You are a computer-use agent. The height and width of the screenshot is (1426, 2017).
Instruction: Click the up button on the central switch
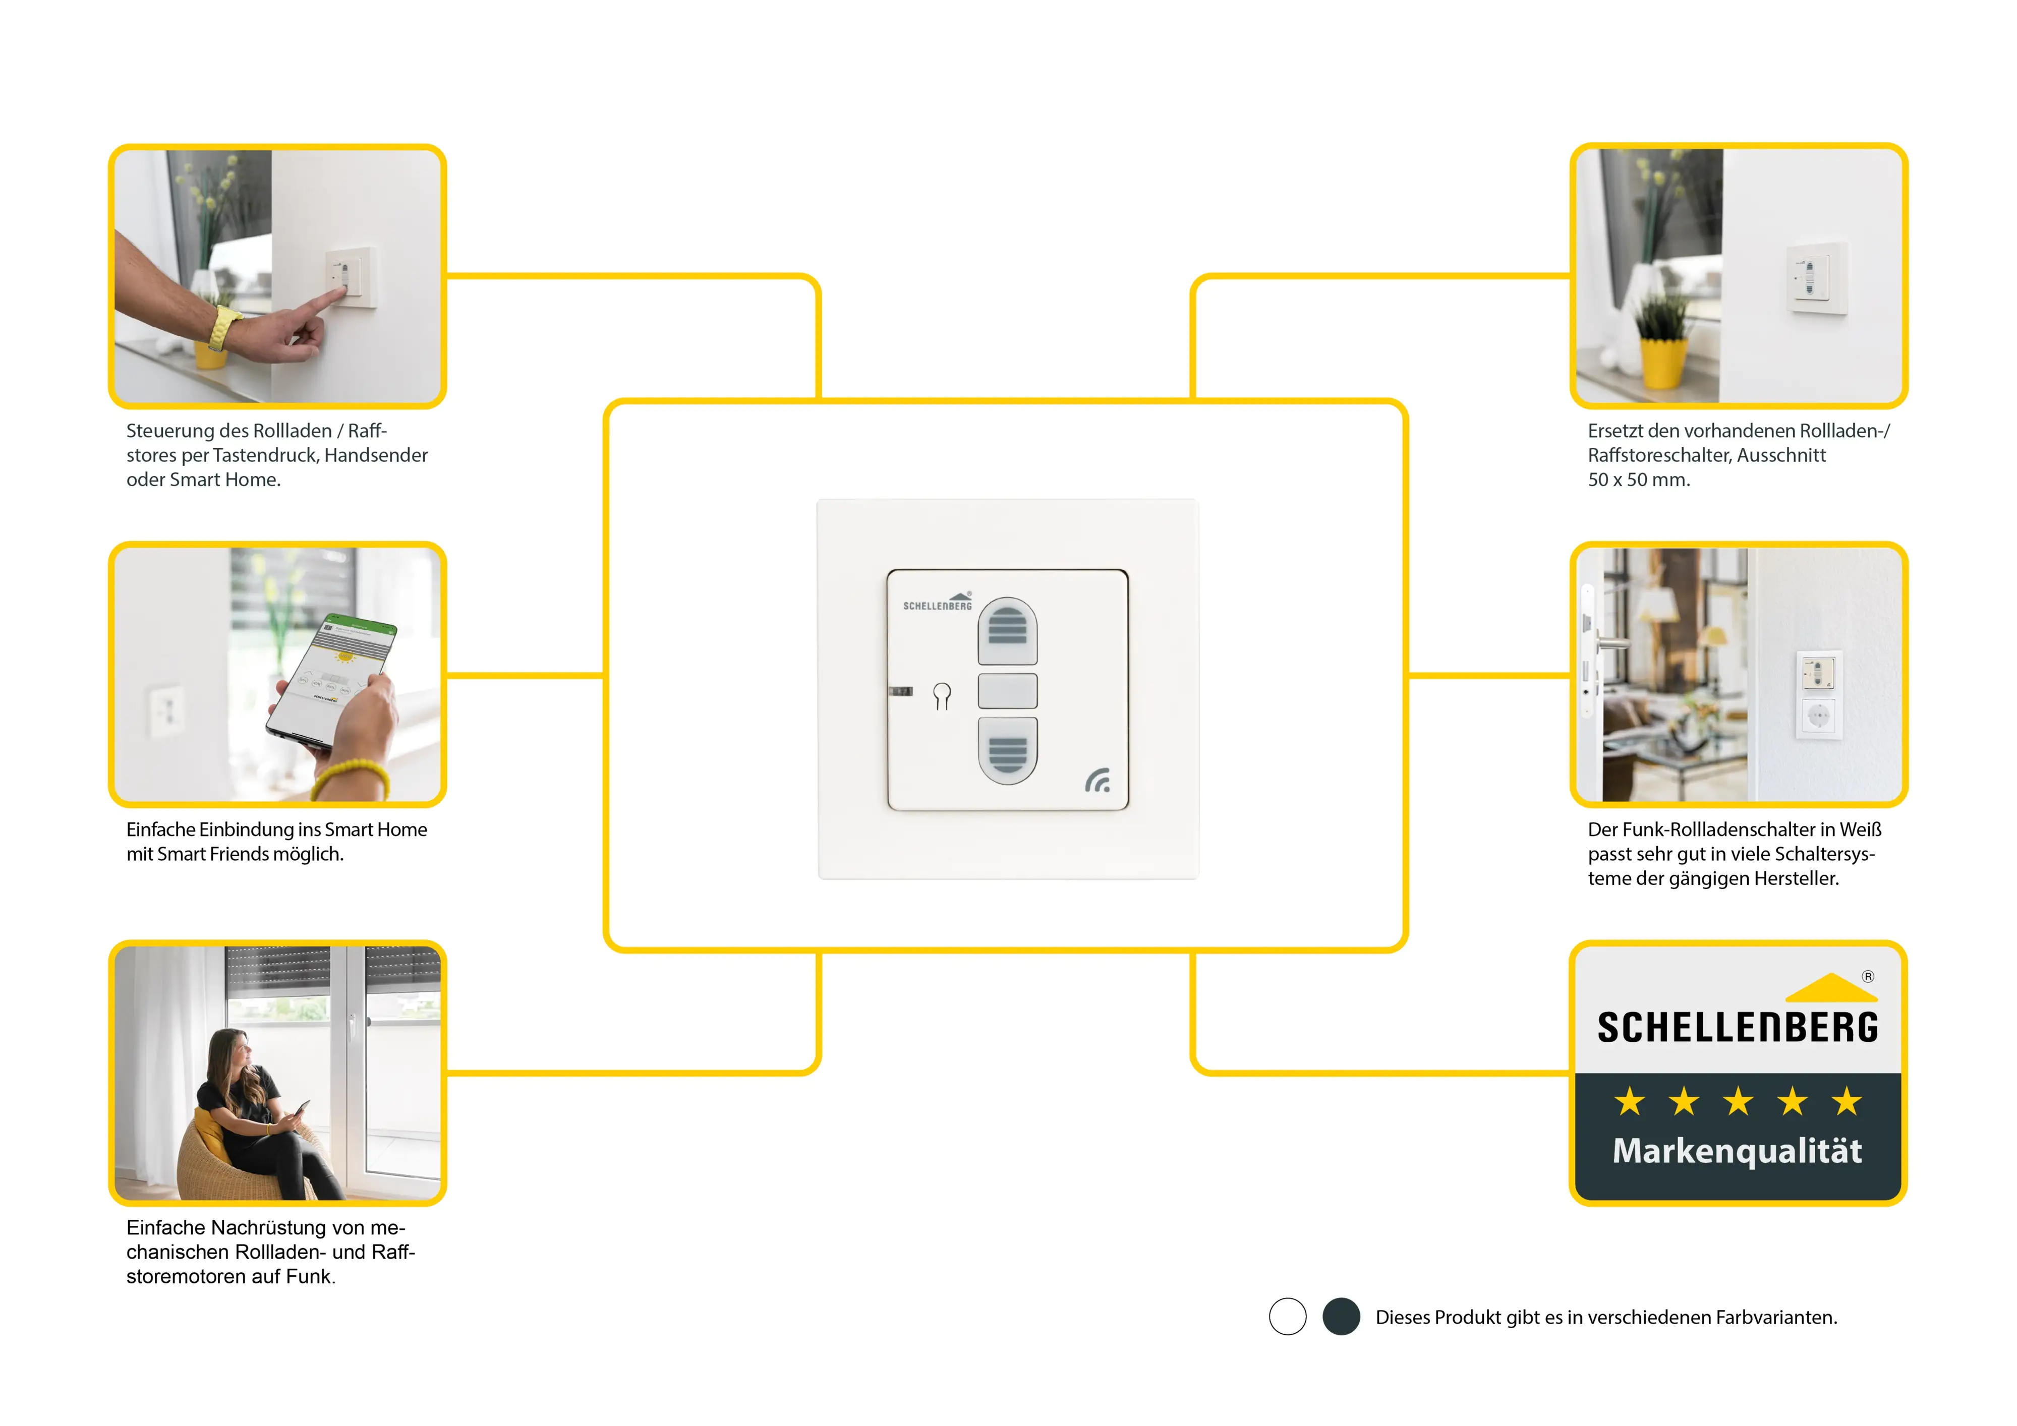(1008, 630)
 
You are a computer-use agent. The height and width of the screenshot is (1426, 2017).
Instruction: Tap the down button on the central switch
(1008, 751)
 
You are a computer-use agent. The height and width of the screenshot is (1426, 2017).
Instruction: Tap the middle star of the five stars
(1738, 1101)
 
